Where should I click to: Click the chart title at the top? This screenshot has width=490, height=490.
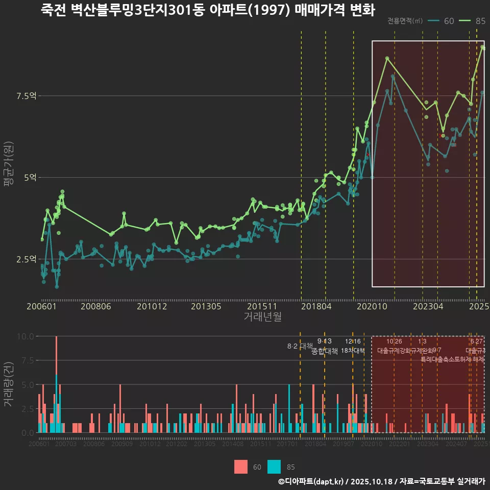click(208, 10)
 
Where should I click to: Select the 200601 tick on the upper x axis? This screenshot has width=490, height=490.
click(41, 307)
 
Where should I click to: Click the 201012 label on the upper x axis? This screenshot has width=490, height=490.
click(152, 307)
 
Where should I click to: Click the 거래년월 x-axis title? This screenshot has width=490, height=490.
click(262, 317)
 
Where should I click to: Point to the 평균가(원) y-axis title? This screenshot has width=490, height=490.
click(9, 166)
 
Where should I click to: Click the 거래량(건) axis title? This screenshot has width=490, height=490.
click(9, 384)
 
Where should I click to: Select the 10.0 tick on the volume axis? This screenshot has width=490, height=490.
click(25, 336)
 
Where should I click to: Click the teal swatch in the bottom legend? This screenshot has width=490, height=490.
click(274, 467)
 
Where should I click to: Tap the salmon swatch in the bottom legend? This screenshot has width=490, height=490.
click(241, 467)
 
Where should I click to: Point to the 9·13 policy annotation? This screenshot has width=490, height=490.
click(324, 341)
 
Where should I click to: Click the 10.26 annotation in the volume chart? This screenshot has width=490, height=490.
click(394, 341)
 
